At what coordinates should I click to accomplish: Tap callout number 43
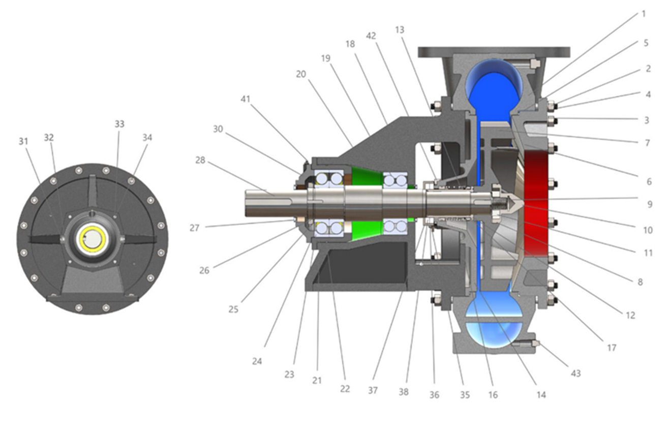[576, 373]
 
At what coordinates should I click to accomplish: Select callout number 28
[200, 160]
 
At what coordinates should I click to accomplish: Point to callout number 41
[246, 99]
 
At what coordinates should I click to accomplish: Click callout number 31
[23, 141]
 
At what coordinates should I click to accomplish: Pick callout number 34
[147, 138]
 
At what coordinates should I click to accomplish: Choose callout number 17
[612, 348]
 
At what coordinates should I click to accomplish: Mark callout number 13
[400, 29]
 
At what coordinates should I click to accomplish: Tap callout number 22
[345, 389]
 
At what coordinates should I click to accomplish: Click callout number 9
[650, 204]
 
